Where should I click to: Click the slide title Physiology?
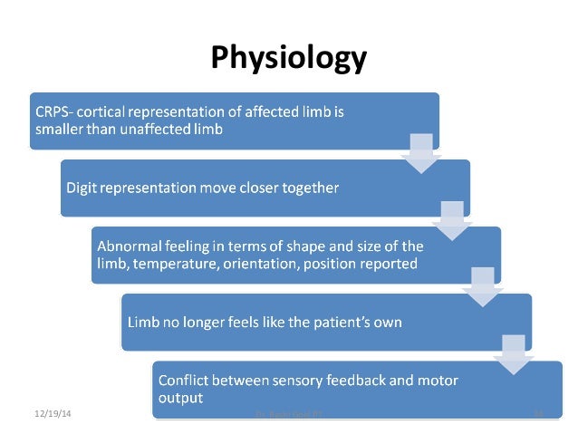[289, 59]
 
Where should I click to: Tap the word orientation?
[263, 264]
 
